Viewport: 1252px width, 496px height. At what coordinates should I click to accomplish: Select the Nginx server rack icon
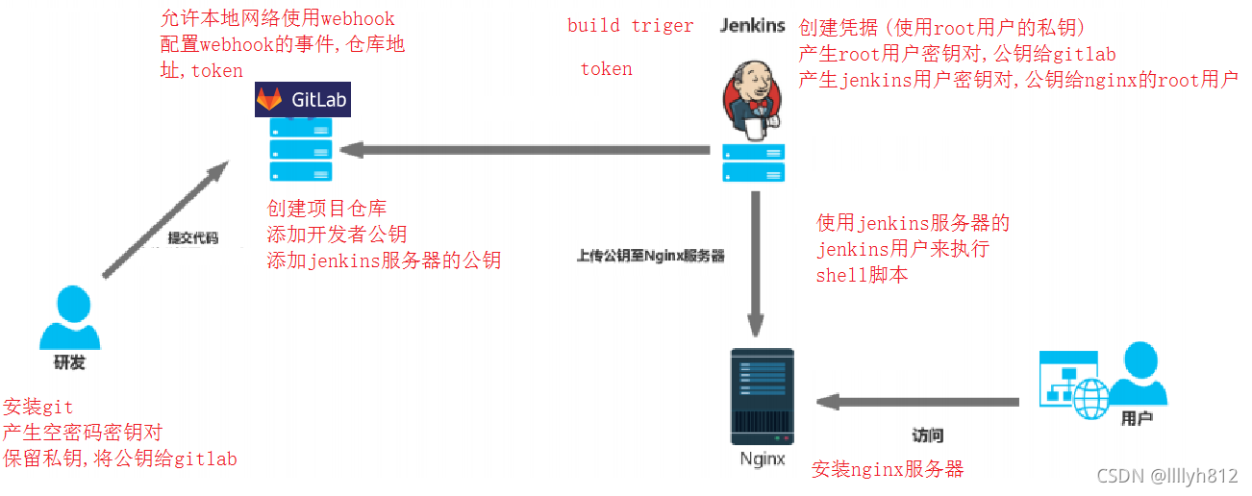point(762,394)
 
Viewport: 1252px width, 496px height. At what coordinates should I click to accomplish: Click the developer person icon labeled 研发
point(69,318)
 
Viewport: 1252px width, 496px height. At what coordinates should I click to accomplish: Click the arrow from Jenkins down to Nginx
point(756,260)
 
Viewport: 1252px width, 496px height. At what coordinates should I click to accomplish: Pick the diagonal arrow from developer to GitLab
point(163,220)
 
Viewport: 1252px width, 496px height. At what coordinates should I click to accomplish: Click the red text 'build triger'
point(630,26)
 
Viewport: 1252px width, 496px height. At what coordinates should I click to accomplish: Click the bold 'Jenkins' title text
point(753,26)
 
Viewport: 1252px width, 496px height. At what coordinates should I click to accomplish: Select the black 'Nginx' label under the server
point(763,459)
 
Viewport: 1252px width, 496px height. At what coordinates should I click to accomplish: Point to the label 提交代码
point(193,237)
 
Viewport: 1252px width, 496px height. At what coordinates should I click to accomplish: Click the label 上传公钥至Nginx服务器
point(650,256)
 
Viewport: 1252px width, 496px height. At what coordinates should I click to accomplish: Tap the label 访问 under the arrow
point(928,434)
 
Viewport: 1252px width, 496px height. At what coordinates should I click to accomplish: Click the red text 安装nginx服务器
point(887,469)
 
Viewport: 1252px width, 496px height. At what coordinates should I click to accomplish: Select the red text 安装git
point(38,408)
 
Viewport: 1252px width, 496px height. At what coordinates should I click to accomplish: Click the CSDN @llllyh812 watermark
point(1166,476)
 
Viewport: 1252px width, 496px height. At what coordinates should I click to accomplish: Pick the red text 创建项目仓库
point(327,210)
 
